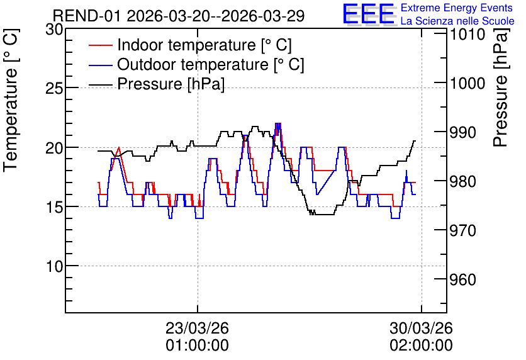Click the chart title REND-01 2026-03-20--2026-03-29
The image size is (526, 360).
click(179, 16)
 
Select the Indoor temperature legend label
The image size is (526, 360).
click(204, 45)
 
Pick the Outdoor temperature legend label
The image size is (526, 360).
click(211, 64)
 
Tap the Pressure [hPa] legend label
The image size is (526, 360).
click(171, 84)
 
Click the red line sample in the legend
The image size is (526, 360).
click(101, 45)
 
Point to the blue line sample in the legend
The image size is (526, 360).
click(101, 64)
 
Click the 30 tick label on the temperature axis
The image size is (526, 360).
click(54, 30)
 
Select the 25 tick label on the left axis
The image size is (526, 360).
click(54, 89)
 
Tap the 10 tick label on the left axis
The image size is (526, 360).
click(54, 266)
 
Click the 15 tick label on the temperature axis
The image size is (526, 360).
click(54, 207)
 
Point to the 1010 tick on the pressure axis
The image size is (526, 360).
click(467, 34)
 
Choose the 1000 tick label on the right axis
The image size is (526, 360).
click(467, 83)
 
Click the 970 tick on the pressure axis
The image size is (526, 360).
click(463, 230)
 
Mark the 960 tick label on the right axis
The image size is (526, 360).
click(463, 279)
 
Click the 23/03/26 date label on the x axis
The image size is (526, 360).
click(198, 328)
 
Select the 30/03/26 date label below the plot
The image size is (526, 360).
click(422, 328)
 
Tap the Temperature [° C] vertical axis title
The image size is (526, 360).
click(11, 100)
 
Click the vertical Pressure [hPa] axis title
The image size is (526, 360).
click(501, 87)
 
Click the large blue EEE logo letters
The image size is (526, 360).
click(369, 14)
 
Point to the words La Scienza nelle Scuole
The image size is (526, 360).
click(457, 21)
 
